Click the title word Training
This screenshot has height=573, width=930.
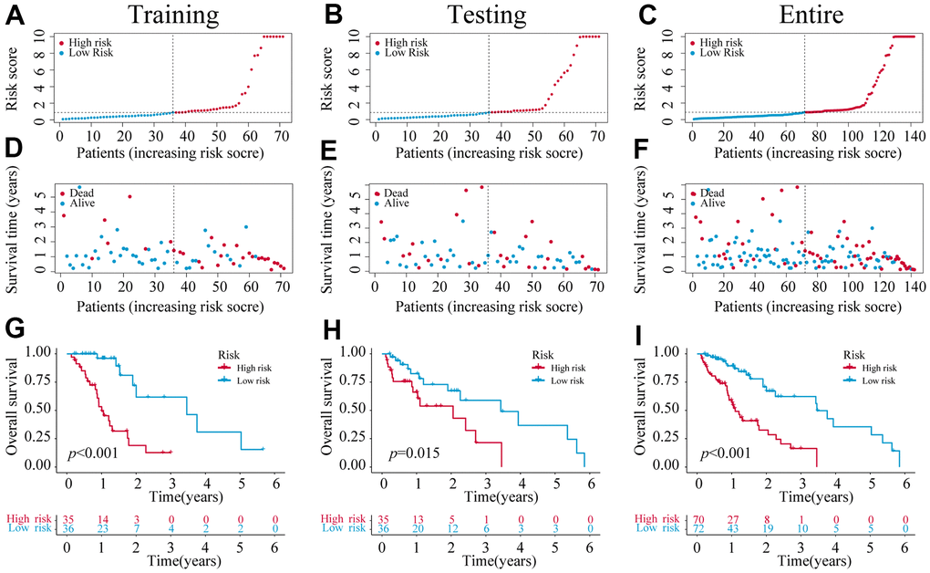[x=173, y=15]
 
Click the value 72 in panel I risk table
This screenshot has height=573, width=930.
[x=697, y=528]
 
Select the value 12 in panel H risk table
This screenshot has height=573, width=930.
[x=450, y=528]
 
